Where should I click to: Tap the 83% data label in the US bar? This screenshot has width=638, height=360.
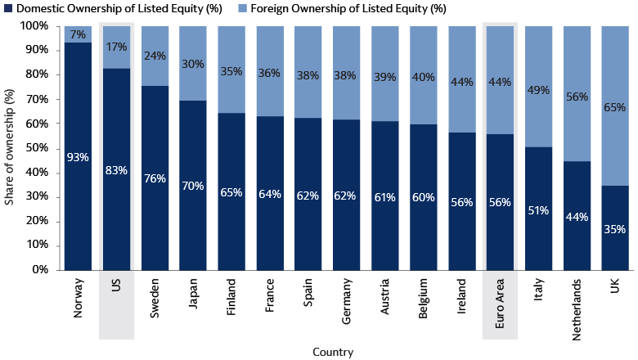pos(116,170)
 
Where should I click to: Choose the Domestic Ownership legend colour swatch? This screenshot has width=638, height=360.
pos(9,10)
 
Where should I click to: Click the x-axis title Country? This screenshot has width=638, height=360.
pos(333,352)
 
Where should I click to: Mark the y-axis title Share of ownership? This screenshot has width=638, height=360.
pos(10,147)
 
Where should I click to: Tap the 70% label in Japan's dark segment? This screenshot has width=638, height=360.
pos(193,186)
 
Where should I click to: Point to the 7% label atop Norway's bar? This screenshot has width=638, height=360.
pos(78,34)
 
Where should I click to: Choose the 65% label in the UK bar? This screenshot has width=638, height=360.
pos(615,107)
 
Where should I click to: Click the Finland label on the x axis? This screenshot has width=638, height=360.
pos(231,297)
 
